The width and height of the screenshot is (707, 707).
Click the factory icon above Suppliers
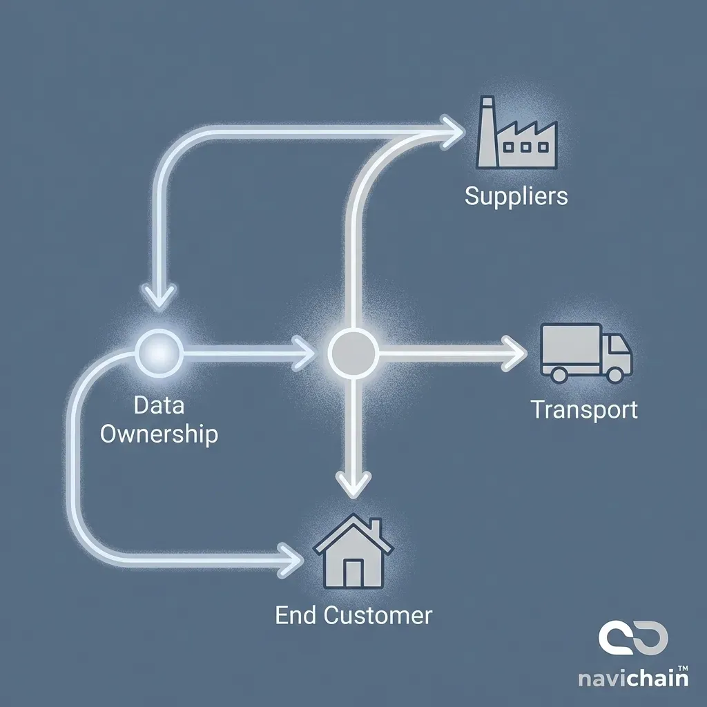tap(516, 135)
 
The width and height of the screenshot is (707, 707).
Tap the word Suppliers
tap(516, 196)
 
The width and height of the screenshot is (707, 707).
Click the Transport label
tap(584, 409)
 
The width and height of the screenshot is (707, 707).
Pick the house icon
tap(353, 552)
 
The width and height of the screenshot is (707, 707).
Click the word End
tap(296, 614)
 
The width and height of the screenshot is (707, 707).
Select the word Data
tap(159, 405)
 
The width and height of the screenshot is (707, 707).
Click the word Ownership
tap(159, 434)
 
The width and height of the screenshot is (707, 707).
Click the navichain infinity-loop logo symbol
tap(633, 639)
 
